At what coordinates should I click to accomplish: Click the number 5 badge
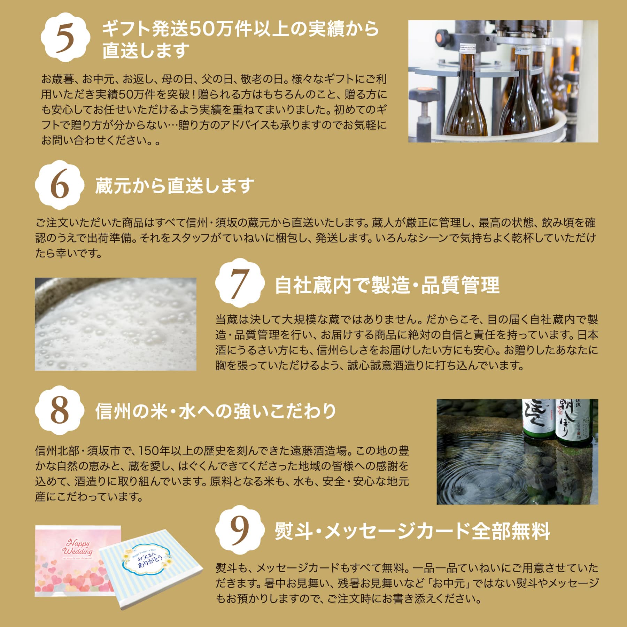click(x=65, y=38)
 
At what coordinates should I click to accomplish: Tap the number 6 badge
click(x=60, y=185)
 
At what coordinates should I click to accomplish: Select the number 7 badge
click(x=240, y=283)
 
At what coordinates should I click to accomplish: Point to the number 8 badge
click(x=60, y=410)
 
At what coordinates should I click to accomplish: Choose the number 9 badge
click(x=240, y=530)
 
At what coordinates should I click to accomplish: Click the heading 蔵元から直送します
click(x=175, y=185)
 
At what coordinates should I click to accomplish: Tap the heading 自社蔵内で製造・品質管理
click(x=387, y=285)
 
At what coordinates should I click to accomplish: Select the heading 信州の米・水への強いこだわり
click(x=216, y=411)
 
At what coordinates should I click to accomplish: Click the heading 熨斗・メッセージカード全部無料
click(x=412, y=531)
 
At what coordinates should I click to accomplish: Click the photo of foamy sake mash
click(x=116, y=324)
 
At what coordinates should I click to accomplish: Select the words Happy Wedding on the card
click(x=78, y=547)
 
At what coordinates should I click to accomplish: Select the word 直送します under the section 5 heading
click(x=146, y=51)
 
